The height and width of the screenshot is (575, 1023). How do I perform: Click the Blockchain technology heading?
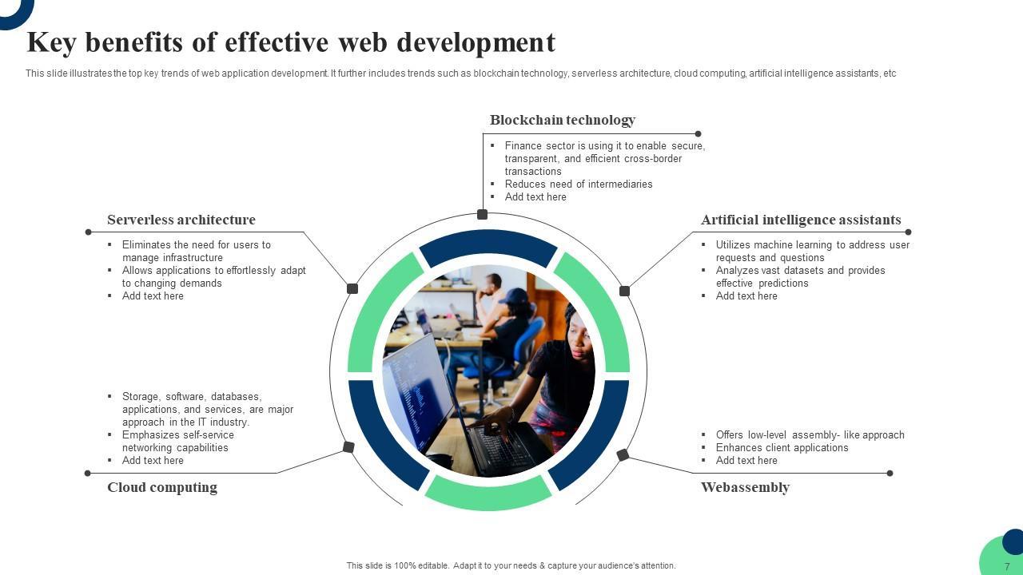click(562, 120)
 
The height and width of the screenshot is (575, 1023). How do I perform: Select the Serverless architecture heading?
click(181, 220)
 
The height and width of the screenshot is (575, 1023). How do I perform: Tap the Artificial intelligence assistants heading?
click(801, 220)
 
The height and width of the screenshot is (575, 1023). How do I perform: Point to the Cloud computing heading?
click(162, 487)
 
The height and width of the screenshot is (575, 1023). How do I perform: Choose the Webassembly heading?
click(745, 487)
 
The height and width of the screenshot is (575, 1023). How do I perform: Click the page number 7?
click(1007, 567)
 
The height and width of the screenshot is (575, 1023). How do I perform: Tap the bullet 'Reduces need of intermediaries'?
click(579, 184)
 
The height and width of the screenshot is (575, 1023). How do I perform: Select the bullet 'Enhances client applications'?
click(782, 447)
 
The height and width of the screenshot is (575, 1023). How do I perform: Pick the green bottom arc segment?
click(488, 494)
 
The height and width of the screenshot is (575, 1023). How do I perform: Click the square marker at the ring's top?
click(483, 214)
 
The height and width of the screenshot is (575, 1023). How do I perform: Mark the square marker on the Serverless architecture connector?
click(352, 288)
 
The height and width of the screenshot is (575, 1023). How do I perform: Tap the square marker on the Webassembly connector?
click(623, 455)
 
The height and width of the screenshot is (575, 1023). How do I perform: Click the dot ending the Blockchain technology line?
click(698, 133)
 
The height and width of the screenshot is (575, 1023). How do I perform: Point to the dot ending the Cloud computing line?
click(88, 473)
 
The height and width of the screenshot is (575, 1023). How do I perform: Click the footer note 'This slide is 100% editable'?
click(511, 565)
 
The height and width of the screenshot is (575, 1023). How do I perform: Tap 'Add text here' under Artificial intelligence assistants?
click(746, 295)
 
